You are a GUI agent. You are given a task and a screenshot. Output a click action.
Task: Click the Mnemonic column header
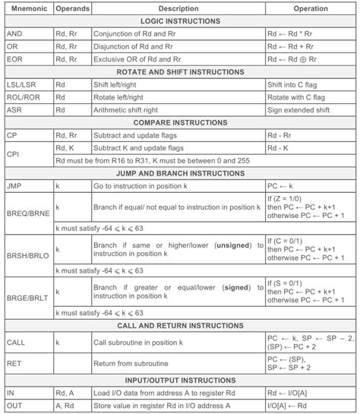27,8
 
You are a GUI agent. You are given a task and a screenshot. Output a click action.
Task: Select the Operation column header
311,8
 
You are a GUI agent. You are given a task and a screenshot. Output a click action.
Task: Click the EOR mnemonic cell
15,58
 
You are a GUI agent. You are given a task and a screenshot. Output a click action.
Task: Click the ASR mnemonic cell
15,109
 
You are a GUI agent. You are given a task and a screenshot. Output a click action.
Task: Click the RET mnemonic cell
15,363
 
